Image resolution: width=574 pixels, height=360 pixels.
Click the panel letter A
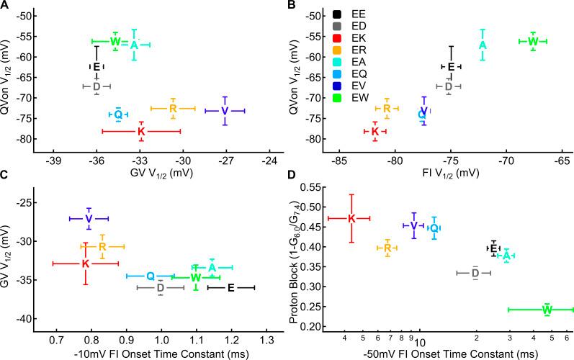pos(5,6)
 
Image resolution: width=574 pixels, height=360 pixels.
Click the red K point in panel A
pos(141,131)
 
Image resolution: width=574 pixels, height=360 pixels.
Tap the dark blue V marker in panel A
pos(225,111)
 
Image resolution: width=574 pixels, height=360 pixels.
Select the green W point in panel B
pos(532,41)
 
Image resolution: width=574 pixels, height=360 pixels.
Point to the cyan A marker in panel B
pos(483,45)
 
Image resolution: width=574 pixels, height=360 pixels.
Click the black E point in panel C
pos(230,288)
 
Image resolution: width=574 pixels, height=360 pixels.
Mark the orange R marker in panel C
pos(103,246)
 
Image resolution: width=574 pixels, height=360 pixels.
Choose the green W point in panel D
pos(547,310)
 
